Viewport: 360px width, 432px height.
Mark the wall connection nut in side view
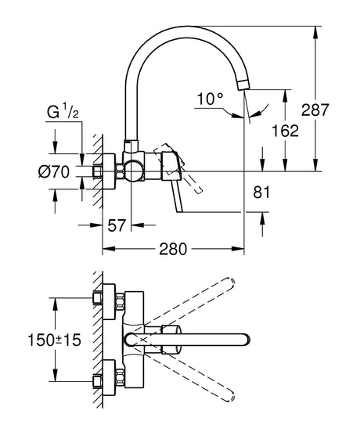(x=100, y=171)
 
